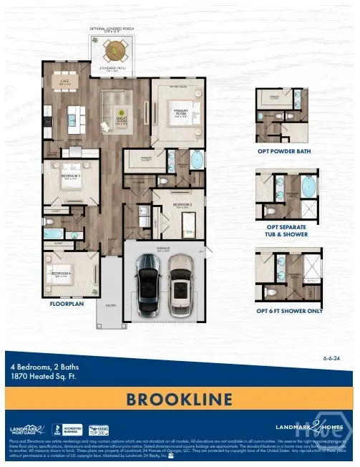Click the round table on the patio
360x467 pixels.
pyautogui.click(x=114, y=50)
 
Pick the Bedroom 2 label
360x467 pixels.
pyautogui.click(x=180, y=206)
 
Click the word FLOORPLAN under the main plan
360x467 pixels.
pyautogui.click(x=68, y=304)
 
